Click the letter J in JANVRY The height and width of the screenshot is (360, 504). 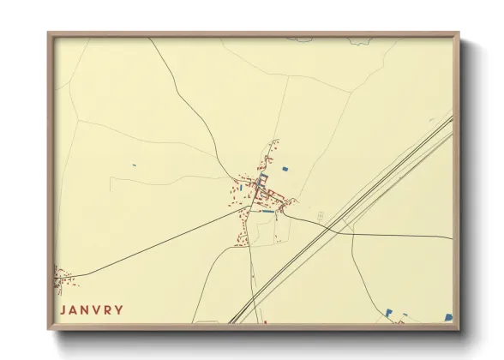click(x=63, y=310)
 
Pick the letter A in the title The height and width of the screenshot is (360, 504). click(x=75, y=310)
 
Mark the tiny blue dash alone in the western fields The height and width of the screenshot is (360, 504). click(x=133, y=165)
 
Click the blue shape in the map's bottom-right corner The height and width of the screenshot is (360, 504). click(x=447, y=317)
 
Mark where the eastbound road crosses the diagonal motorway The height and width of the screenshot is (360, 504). click(x=329, y=228)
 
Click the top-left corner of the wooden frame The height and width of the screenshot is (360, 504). click(x=49, y=33)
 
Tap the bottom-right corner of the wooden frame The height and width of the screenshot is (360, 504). click(x=459, y=330)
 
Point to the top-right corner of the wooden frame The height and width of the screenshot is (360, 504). click(x=459, y=33)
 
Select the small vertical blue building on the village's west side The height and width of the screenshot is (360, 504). click(x=243, y=183)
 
